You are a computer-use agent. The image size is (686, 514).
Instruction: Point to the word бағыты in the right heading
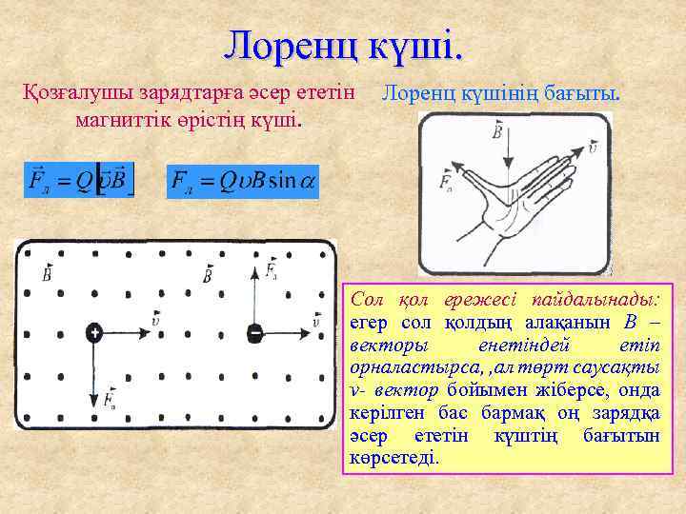point(583,94)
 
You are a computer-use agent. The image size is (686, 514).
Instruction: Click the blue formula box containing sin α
point(243,180)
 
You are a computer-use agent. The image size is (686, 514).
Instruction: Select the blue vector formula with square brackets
point(80,180)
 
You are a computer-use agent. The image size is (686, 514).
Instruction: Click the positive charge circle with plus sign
point(94,332)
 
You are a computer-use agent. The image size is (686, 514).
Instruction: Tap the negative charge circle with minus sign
point(254,332)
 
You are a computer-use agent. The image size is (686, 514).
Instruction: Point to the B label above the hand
point(497,130)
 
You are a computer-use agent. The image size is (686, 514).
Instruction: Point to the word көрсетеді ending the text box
point(394,458)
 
